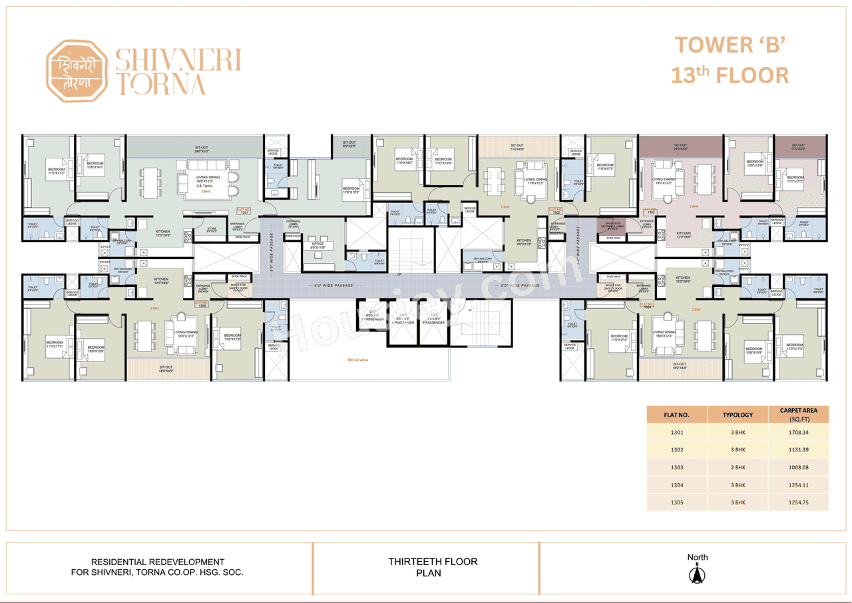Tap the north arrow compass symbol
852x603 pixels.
click(x=698, y=574)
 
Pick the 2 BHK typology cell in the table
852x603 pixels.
click(x=738, y=468)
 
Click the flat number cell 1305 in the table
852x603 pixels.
click(x=676, y=502)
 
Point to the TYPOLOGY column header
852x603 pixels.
click(x=738, y=415)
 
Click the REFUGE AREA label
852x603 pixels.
click(x=357, y=360)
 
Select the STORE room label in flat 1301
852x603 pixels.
click(x=211, y=230)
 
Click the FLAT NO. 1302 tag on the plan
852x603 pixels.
click(x=556, y=210)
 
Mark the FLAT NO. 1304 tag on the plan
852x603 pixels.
click(x=648, y=306)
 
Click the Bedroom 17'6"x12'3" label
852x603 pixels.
click(x=351, y=190)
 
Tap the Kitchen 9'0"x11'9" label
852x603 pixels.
click(x=525, y=242)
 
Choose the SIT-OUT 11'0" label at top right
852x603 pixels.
click(x=799, y=147)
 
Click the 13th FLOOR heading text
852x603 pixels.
click(x=730, y=75)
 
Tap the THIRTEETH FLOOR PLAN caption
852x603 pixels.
click(x=433, y=567)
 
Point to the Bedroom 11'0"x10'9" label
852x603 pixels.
click(x=444, y=161)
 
